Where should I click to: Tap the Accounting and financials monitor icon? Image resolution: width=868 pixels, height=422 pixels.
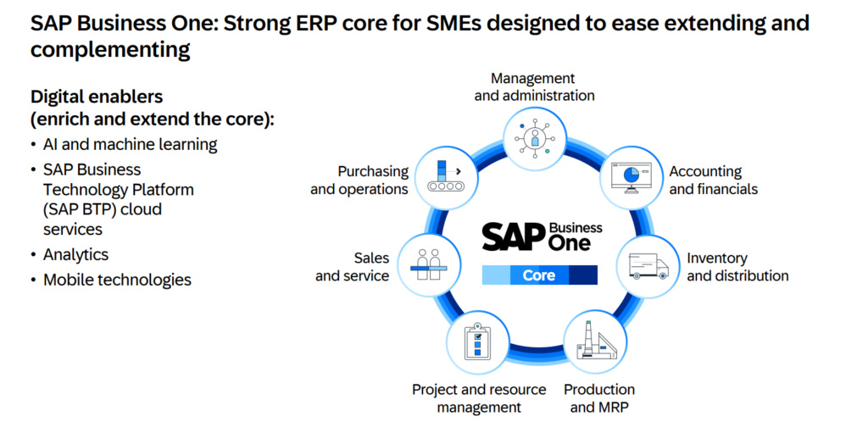[630, 177]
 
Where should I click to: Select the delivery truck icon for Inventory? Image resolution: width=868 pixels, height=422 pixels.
[648, 266]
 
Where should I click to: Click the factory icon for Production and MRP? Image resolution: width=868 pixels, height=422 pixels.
[597, 344]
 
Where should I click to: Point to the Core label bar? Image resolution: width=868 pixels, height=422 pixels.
[539, 275]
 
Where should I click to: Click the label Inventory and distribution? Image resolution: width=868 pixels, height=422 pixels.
[737, 267]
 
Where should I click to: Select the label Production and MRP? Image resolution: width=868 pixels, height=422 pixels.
[599, 398]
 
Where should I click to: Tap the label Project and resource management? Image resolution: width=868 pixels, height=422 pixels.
[478, 398]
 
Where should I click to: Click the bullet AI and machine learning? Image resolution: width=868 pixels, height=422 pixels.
[131, 144]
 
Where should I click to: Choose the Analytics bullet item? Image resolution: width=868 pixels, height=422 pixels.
[75, 254]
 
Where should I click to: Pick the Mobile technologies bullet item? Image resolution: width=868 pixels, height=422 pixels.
[117, 280]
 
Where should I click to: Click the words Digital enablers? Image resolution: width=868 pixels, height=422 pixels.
[97, 97]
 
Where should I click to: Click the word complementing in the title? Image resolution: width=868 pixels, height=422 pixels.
[109, 50]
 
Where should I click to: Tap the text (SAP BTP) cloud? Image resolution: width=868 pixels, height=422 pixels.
[103, 209]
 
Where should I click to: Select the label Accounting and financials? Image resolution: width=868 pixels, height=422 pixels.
[713, 180]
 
